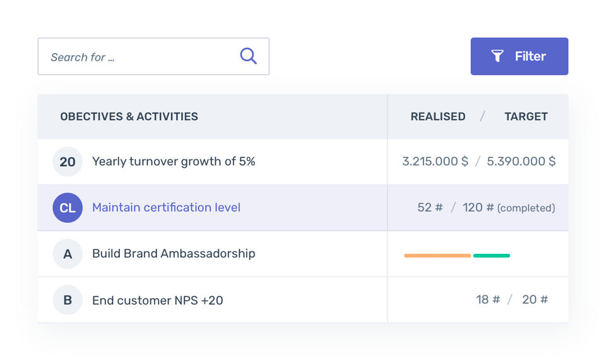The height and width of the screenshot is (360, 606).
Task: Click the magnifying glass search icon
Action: (248, 56)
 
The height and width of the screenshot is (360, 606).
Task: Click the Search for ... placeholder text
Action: (83, 57)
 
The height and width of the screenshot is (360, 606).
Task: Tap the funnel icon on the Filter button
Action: (497, 56)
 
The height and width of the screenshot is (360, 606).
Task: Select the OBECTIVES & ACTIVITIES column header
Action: (129, 116)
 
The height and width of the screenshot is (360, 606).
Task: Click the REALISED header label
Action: (437, 116)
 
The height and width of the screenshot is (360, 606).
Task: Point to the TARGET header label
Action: (526, 116)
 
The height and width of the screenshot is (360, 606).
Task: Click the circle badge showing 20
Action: (68, 162)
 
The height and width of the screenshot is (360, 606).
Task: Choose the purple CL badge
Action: (68, 208)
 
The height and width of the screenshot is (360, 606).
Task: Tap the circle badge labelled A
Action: (68, 254)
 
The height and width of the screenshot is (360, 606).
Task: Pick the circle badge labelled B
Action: (68, 300)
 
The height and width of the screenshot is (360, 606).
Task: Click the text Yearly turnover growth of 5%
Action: (174, 162)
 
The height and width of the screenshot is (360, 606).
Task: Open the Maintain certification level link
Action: (166, 207)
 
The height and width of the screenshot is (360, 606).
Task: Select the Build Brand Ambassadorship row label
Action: (174, 253)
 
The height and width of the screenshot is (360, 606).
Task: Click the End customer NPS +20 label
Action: (157, 300)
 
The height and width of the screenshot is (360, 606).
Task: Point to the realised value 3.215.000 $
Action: (435, 161)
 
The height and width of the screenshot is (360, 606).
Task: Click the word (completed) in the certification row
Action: (526, 208)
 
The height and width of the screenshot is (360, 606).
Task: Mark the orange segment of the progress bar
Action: (437, 256)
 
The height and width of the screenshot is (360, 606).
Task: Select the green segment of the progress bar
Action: (492, 256)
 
